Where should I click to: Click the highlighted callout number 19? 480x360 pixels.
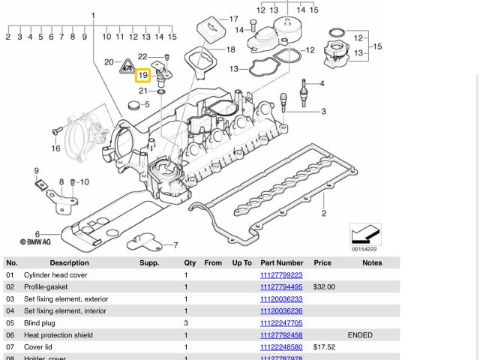pos(142,75)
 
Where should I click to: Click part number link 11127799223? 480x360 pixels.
pos(281,275)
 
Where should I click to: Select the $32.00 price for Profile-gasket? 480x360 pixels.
pos(324,287)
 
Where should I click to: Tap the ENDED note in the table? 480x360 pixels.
pos(360,335)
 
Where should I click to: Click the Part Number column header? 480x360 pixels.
pos(281,263)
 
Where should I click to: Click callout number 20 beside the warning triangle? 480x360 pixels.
pos(109,62)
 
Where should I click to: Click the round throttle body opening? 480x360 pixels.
pos(82,136)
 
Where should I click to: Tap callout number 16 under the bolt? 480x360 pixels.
pos(55,148)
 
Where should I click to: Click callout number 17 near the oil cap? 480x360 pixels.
pos(233,19)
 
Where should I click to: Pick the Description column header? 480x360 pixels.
pos(69,263)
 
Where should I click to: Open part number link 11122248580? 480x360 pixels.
pos(281,347)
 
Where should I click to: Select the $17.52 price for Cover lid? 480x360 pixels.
pos(324,347)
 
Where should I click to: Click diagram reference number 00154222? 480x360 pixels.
pos(365,249)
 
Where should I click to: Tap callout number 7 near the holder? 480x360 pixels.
pos(175,245)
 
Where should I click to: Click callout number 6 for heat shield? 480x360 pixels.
pos(37,235)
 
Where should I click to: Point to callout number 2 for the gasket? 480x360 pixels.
pos(324,214)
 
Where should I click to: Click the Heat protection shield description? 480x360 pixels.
pos(58,335)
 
